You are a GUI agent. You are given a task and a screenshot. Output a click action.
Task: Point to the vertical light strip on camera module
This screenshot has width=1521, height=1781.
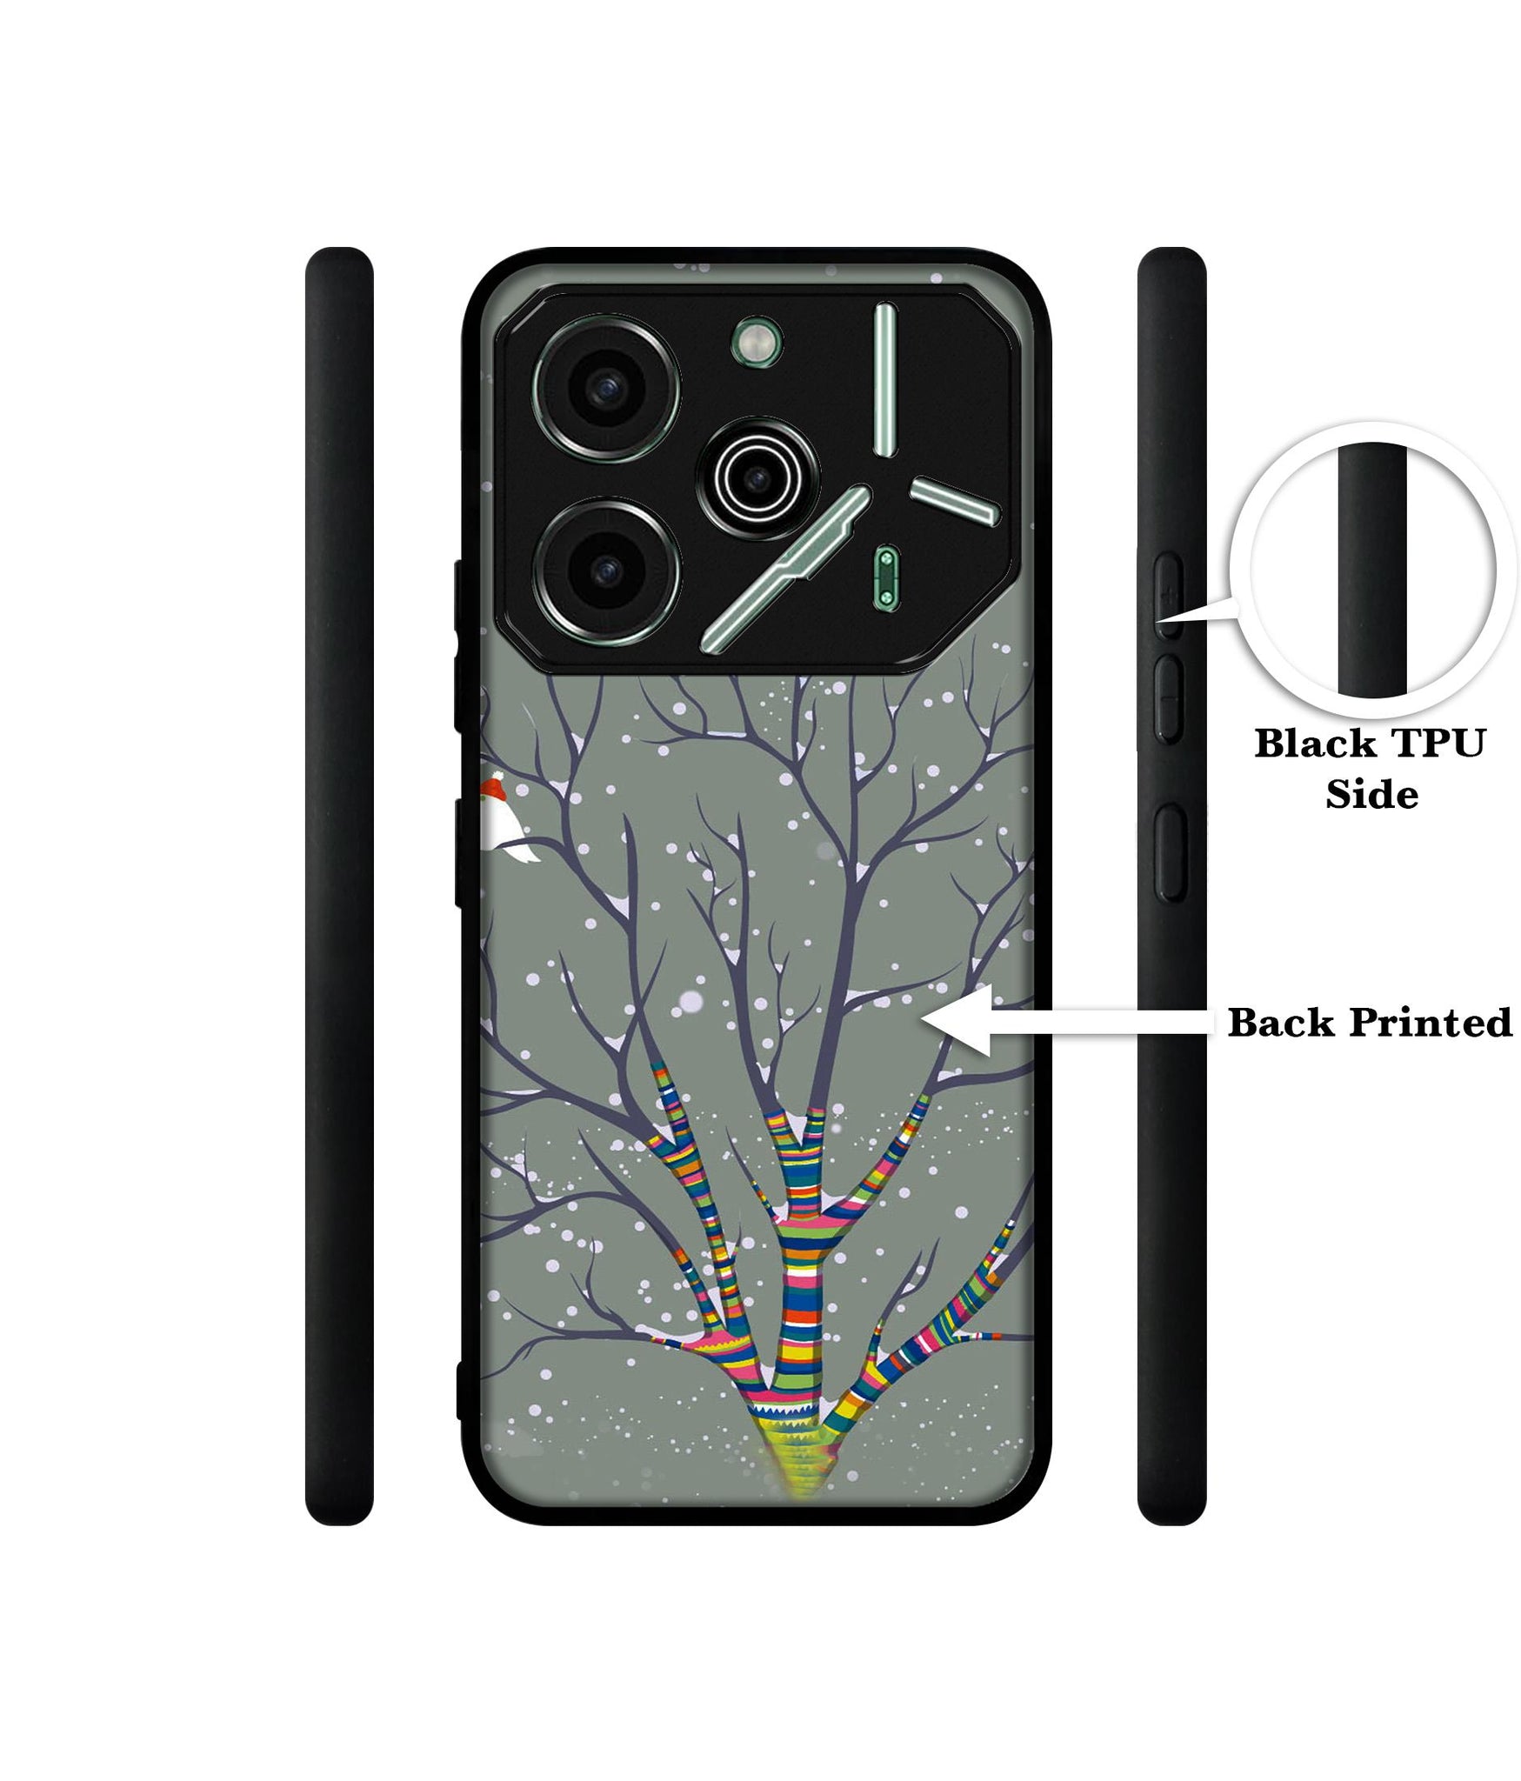pyautogui.click(x=884, y=379)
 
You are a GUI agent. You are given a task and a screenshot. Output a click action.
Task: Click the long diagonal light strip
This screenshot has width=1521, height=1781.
pyautogui.click(x=785, y=565)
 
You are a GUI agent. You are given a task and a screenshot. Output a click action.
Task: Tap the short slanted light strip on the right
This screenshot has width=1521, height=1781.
pyautogui.click(x=954, y=503)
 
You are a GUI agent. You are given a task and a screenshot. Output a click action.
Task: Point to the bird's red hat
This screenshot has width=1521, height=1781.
pyautogui.click(x=493, y=785)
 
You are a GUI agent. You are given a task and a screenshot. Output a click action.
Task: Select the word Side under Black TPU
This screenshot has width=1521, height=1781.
pyautogui.click(x=1371, y=795)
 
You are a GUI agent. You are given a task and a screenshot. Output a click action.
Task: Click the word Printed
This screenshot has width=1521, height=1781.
pyautogui.click(x=1430, y=1023)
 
